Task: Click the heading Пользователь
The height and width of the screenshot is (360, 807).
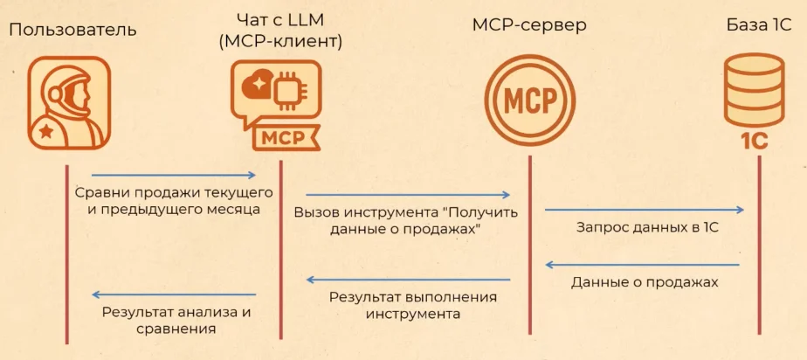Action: pyautogui.click(x=72, y=30)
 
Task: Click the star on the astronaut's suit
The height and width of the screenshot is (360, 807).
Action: pyautogui.click(x=45, y=132)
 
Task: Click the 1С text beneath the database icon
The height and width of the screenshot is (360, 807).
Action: pyautogui.click(x=753, y=140)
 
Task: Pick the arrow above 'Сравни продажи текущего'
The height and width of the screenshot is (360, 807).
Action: pyautogui.click(x=173, y=176)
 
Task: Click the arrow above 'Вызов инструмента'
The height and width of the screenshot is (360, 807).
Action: pyautogui.click(x=408, y=195)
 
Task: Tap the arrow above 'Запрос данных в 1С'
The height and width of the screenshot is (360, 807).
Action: pyautogui.click(x=644, y=210)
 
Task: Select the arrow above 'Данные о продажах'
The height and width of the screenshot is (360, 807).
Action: pyautogui.click(x=644, y=265)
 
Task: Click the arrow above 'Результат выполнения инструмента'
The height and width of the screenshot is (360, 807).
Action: pyautogui.click(x=408, y=280)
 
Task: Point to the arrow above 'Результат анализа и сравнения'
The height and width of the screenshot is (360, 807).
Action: pyautogui.click(x=173, y=294)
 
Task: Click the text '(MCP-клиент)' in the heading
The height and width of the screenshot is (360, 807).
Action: pyautogui.click(x=281, y=40)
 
